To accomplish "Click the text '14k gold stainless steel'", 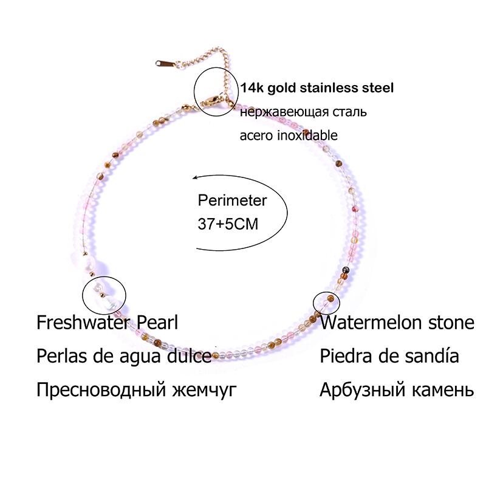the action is tap(317, 88).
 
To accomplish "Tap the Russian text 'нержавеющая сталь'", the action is tap(303, 112).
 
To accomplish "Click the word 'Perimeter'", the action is tap(233, 200).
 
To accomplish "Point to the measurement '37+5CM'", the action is tap(228, 224).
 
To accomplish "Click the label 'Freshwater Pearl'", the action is tap(108, 322).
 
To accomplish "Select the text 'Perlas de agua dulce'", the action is tap(124, 355).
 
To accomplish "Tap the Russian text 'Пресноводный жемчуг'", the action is tap(135, 389).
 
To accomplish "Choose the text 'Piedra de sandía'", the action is tap(389, 355).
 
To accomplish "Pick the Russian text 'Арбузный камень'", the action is tap(396, 389).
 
